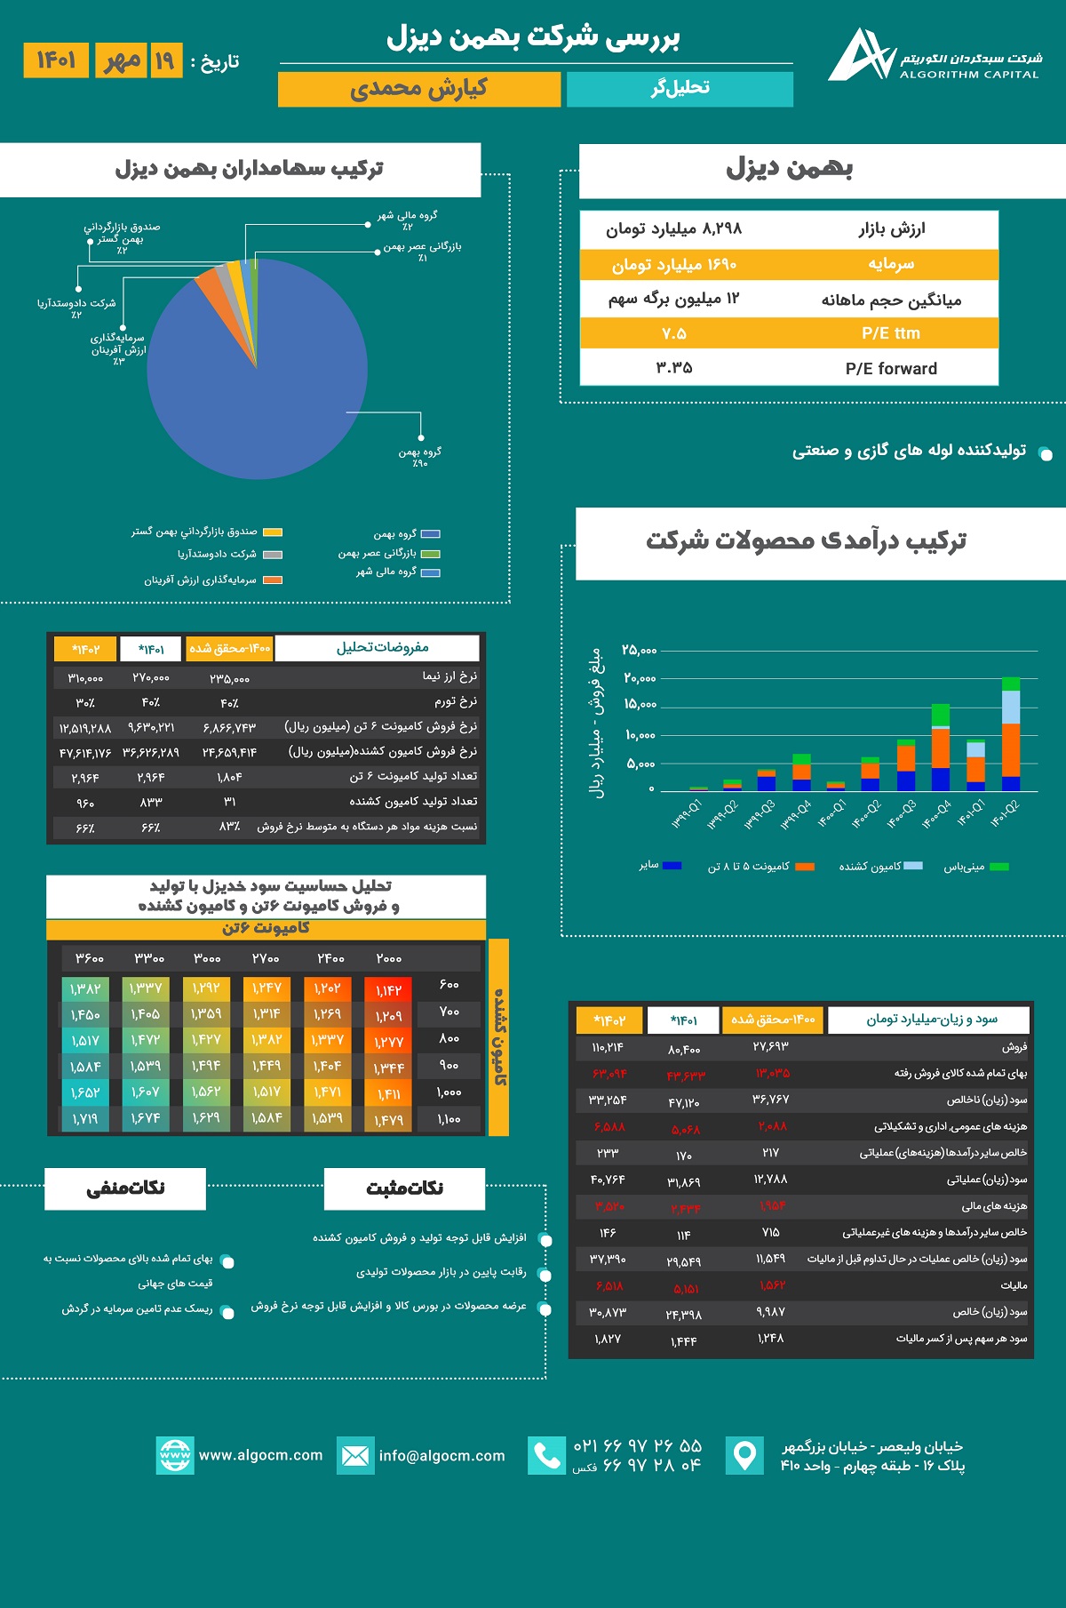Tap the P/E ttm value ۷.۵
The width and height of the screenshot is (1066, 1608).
point(673,333)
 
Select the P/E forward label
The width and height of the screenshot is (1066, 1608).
point(890,368)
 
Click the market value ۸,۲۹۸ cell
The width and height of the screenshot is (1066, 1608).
point(673,229)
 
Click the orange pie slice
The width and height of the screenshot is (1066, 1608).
point(210,282)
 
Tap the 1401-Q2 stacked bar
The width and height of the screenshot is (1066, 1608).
point(1011,734)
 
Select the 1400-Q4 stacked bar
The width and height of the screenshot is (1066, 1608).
point(940,748)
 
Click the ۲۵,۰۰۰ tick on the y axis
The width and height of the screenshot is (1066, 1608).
point(639,651)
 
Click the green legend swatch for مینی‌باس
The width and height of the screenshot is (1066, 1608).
point(999,867)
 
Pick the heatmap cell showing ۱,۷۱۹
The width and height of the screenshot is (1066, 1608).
point(84,1119)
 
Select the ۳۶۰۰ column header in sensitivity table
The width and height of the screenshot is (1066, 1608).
point(90,958)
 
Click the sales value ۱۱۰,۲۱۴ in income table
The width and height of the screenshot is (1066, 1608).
point(608,1047)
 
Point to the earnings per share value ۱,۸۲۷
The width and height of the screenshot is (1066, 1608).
point(608,1339)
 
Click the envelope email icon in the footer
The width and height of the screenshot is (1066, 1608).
point(354,1455)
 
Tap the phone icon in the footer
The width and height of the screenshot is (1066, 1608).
point(546,1455)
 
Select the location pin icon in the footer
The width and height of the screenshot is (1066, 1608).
point(744,1455)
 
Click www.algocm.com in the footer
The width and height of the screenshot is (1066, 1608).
point(260,1455)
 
